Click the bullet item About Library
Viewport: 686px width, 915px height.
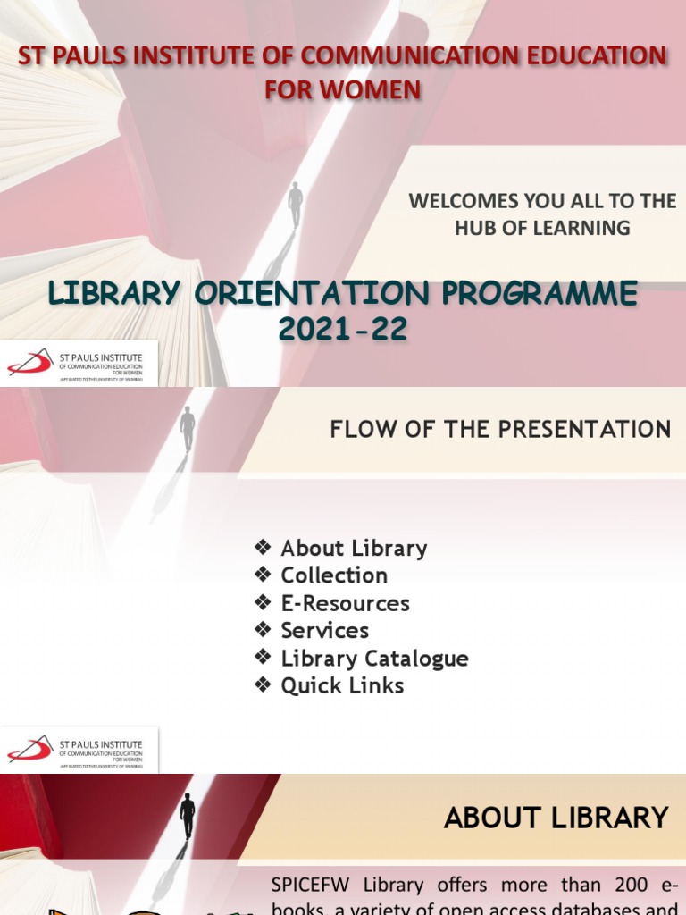[x=354, y=548]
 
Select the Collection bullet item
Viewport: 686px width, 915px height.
[x=334, y=575]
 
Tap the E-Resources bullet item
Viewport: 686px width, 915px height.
[x=345, y=603]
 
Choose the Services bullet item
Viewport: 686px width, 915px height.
[x=324, y=631]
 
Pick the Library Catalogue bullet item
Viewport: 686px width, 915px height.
[x=374, y=659]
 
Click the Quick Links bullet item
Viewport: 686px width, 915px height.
[x=342, y=686]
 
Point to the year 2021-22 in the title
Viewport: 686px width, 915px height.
[x=342, y=329]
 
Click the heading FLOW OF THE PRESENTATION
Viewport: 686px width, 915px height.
[x=500, y=430]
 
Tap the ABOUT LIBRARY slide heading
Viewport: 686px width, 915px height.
[x=556, y=818]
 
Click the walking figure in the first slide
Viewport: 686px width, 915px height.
[x=295, y=205]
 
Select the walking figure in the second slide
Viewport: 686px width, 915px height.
[x=188, y=428]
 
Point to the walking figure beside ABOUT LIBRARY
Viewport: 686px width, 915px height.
[x=188, y=814]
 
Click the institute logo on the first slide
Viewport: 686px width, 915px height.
[x=80, y=364]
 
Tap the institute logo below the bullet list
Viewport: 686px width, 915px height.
[x=80, y=750]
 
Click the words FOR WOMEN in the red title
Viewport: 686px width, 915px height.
[x=342, y=89]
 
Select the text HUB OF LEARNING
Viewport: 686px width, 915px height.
[x=542, y=228]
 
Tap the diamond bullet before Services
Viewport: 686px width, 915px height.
[x=262, y=630]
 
